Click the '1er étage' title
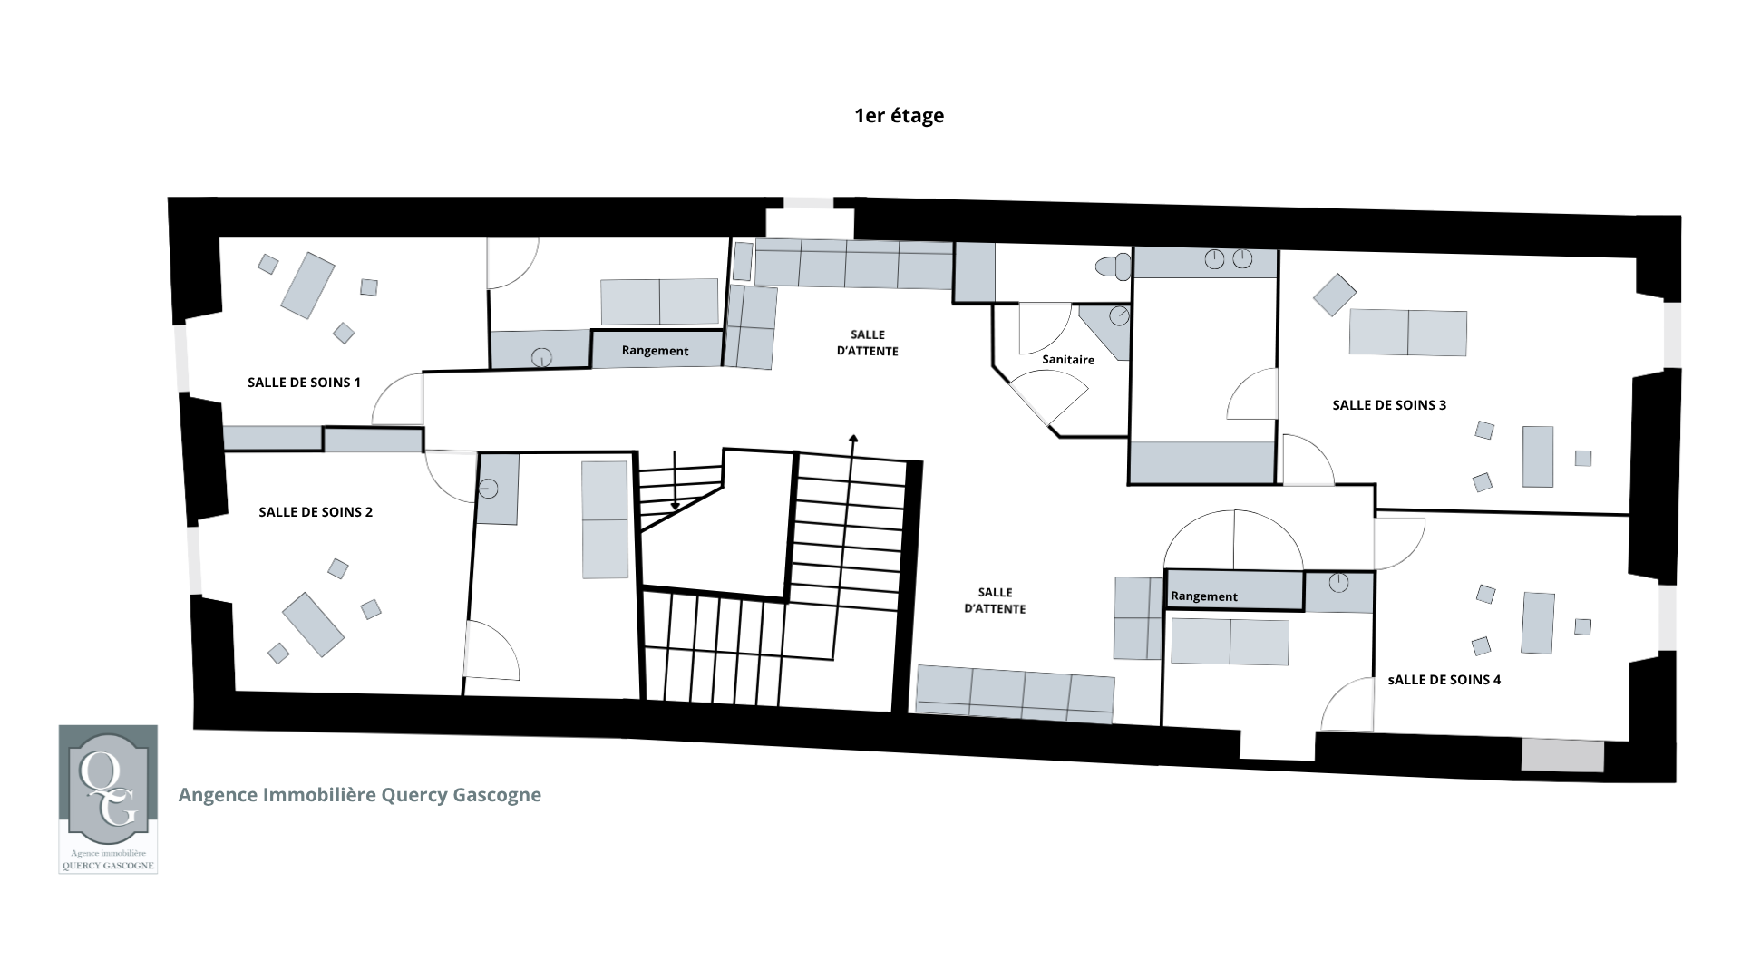click(x=899, y=116)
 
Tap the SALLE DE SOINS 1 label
click(x=304, y=383)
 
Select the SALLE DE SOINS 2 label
click(x=316, y=512)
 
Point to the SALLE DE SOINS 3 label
click(x=1389, y=405)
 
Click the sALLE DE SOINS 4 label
click(x=1444, y=680)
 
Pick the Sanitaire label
click(x=1068, y=360)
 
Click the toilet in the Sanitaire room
click(x=1114, y=267)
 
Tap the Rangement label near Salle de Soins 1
click(x=655, y=351)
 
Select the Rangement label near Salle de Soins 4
click(x=1204, y=596)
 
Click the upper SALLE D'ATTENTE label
click(x=868, y=343)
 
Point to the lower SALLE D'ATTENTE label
click(x=995, y=600)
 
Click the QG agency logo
click(x=108, y=799)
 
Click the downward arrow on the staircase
click(x=675, y=480)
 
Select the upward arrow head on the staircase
click(x=853, y=439)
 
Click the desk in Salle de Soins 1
click(x=307, y=286)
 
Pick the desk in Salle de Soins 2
click(x=313, y=625)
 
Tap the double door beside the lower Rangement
click(x=1233, y=540)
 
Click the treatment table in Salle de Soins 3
click(x=1408, y=333)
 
